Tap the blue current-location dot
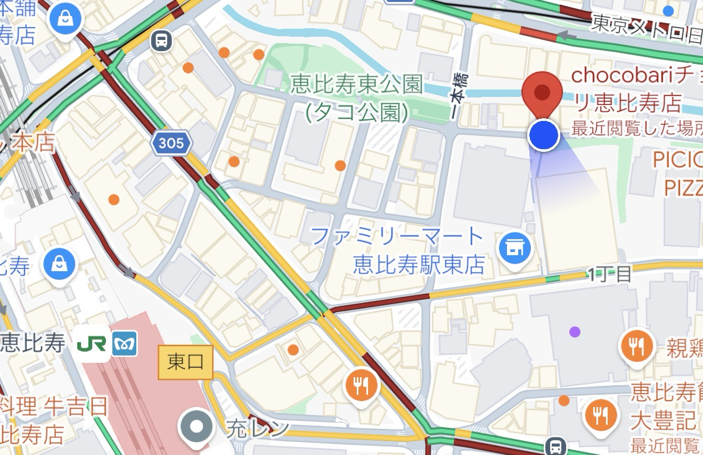click(543, 135)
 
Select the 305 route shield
click(170, 143)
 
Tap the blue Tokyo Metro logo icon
click(125, 344)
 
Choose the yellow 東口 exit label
click(185, 362)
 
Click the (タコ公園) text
click(357, 112)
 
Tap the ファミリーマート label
click(397, 236)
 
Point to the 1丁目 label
click(610, 274)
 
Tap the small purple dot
click(575, 332)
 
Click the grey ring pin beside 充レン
click(197, 427)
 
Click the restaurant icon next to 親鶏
click(636, 347)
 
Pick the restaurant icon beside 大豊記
click(601, 416)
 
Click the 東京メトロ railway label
click(647, 29)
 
